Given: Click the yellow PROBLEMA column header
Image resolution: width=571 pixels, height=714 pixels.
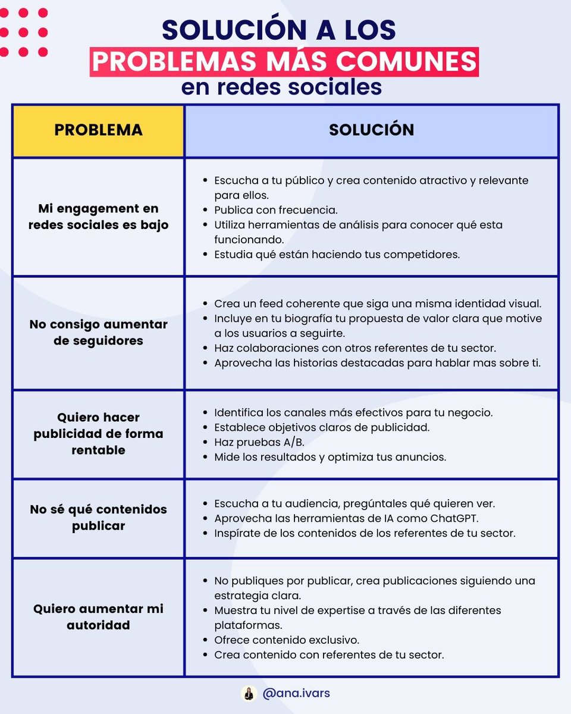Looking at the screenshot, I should [x=98, y=130].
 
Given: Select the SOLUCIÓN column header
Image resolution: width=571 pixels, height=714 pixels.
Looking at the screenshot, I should [x=371, y=130].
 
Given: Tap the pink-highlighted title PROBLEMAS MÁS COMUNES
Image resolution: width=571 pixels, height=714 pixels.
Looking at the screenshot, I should [x=284, y=62].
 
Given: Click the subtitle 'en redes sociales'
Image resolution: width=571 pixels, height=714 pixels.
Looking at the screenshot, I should [x=281, y=87].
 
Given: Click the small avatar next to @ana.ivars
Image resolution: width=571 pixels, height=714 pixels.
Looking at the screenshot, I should [x=248, y=694].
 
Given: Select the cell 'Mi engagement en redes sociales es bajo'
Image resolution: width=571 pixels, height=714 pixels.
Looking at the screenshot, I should [x=98, y=217].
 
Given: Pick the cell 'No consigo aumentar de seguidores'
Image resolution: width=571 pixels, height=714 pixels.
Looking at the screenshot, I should [x=98, y=333].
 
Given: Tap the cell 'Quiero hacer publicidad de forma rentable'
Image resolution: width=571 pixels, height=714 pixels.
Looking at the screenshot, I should [x=98, y=434].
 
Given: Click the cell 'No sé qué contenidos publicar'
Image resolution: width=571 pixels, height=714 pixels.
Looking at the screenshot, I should [x=98, y=518].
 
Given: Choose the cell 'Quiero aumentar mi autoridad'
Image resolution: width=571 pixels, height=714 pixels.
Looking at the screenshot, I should [x=98, y=617].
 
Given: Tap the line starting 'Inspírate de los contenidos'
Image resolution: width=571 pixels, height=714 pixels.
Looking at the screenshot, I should [x=365, y=533].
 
